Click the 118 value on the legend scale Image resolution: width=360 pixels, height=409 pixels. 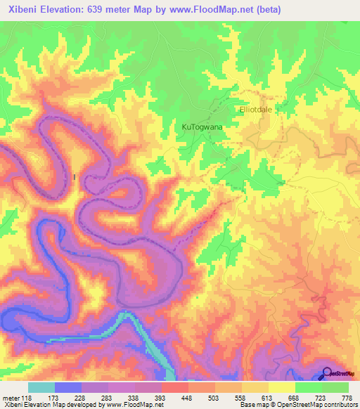(x=27, y=397)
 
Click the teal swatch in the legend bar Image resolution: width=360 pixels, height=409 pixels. (x=41, y=387)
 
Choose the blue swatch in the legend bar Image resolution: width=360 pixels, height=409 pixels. (x=67, y=387)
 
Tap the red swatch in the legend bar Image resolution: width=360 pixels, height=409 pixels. (x=174, y=387)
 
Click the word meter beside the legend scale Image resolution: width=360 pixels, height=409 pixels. (x=11, y=397)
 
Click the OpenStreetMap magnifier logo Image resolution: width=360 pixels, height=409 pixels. (x=327, y=373)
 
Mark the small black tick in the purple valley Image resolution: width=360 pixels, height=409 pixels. (x=75, y=177)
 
